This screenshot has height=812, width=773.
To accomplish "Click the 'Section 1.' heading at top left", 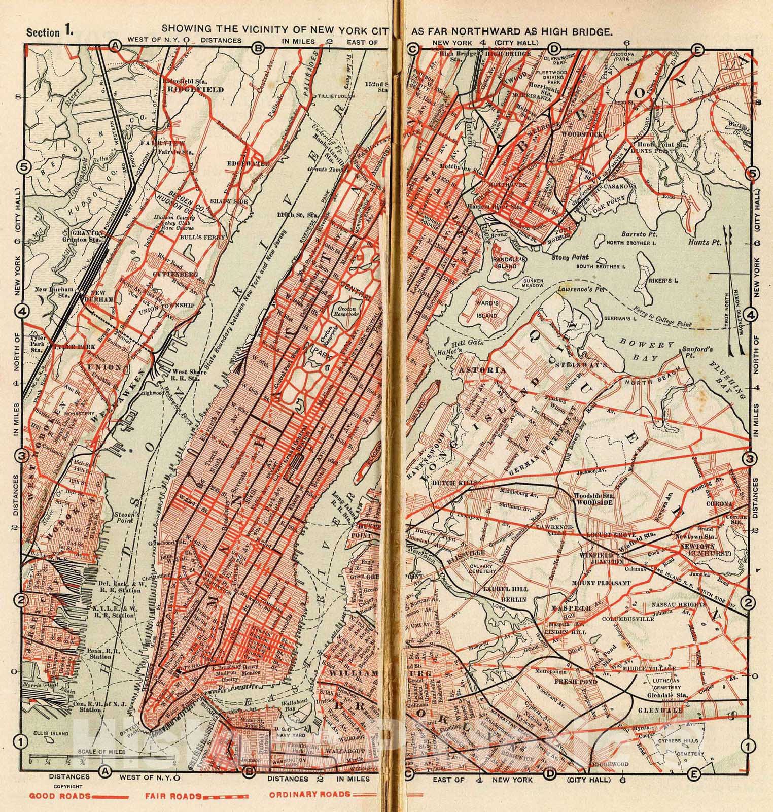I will pos(50,32).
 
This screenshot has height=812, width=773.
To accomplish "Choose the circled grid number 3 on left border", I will pos(22,456).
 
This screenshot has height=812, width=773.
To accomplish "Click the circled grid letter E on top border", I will pos(698,49).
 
